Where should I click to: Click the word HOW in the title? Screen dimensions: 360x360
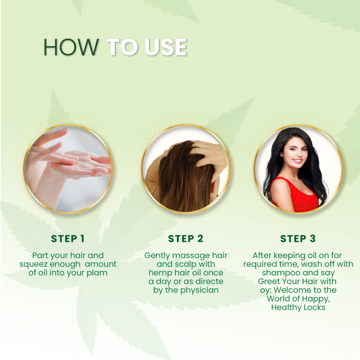[x=71, y=47]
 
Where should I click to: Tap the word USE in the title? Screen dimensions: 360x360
[x=166, y=47]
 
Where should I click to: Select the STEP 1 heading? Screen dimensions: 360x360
[x=68, y=239]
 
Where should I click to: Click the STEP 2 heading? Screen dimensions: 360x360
[x=185, y=239]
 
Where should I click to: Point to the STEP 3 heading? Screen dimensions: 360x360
[x=298, y=239]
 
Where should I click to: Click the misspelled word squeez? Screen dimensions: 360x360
[x=34, y=264]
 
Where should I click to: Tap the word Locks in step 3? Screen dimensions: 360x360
[x=314, y=308]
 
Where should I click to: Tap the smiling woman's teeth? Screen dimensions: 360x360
[x=297, y=161]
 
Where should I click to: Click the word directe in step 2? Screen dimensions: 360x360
[x=209, y=282]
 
